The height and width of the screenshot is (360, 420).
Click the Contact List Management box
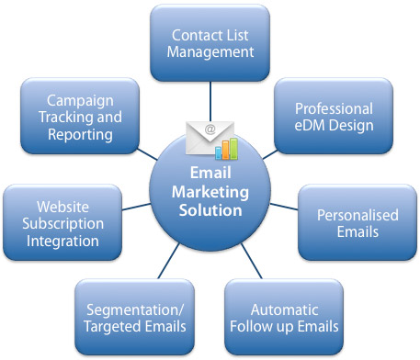[x=212, y=42]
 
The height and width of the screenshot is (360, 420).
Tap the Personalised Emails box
[x=358, y=223]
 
